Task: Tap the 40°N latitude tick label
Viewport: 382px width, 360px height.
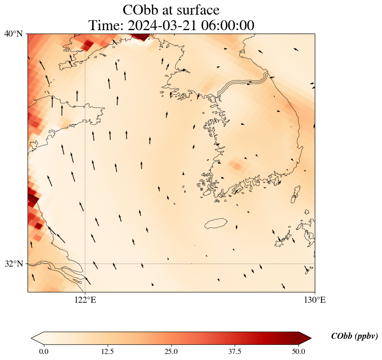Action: pos(14,34)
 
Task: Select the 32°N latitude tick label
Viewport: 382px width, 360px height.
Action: pos(14,264)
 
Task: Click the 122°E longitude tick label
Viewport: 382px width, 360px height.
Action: pos(85,300)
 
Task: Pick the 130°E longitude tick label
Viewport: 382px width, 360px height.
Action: pos(315,300)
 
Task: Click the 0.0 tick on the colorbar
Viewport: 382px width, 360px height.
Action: pos(43,351)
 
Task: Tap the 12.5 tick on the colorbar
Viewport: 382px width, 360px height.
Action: pos(107,351)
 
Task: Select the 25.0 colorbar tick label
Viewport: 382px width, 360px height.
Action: pos(171,351)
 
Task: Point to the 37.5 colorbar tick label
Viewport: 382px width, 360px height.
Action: pos(235,351)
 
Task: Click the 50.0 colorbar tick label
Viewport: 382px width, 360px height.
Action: pos(298,351)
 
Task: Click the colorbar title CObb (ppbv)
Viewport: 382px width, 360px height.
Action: pos(354,336)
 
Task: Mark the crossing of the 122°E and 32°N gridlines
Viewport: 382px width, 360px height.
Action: pos(85,264)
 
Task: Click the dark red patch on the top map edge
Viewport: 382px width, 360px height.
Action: pos(142,36)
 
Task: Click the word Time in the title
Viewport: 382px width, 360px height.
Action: pos(106,25)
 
